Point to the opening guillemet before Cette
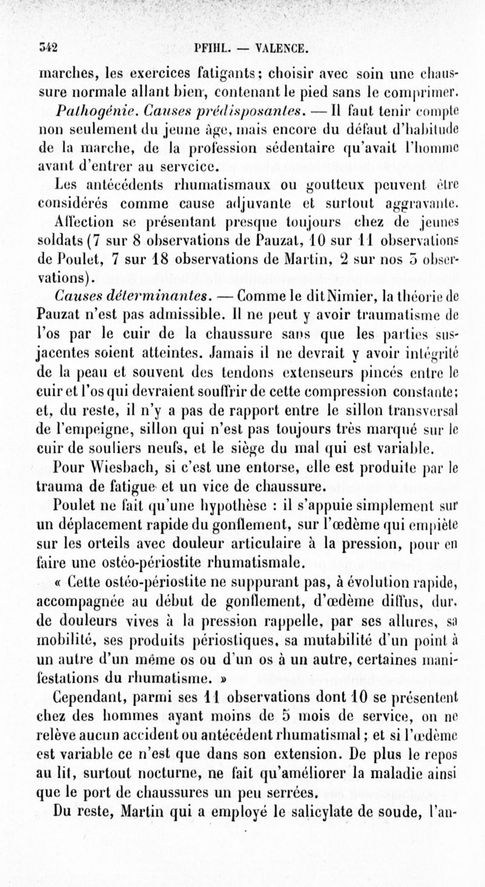click(61, 585)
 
